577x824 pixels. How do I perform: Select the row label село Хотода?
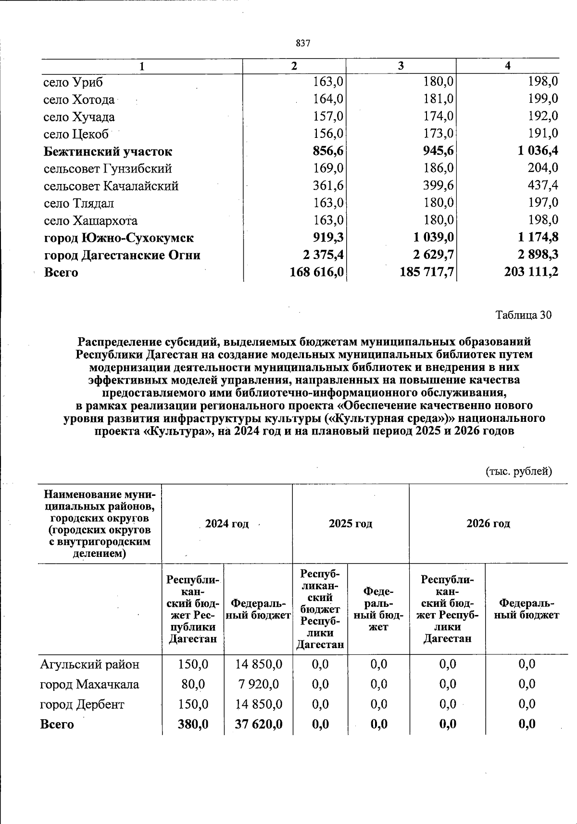tap(79, 100)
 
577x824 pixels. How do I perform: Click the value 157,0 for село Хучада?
tap(328, 117)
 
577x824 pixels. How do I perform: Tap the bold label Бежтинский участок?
tap(108, 152)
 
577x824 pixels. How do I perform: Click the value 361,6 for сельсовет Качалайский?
tap(328, 186)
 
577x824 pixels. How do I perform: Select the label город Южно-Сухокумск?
tap(119, 238)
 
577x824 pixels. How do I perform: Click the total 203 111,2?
tap(531, 272)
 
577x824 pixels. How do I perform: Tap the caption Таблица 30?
tap(523, 315)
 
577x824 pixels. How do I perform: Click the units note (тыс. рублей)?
tap(519, 471)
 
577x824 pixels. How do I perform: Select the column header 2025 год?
tap(350, 524)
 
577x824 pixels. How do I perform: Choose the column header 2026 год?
tap(488, 524)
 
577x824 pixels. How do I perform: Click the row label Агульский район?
tap(90, 664)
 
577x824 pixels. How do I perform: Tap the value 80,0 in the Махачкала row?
tap(193, 684)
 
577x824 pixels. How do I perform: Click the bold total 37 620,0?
tap(258, 724)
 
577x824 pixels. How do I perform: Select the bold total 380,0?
tap(193, 724)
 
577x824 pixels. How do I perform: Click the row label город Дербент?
tap(82, 704)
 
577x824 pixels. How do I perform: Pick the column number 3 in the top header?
tap(401, 66)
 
